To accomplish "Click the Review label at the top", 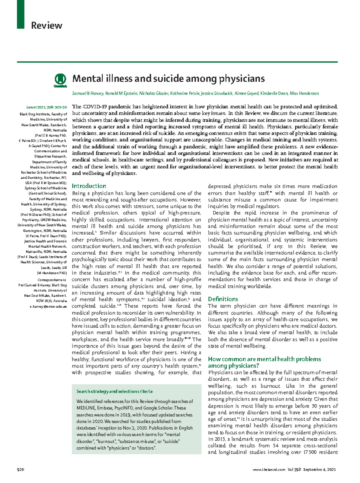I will (x=46, y=25).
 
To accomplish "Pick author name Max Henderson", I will (x=304, y=94).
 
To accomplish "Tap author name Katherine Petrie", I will (x=184, y=94).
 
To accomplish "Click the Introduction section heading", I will (x=89, y=186).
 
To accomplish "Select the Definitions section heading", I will (x=223, y=299).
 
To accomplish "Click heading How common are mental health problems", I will (x=264, y=359).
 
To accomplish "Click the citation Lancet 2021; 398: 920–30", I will (x=46, y=107).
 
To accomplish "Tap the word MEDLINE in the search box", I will (x=86, y=408).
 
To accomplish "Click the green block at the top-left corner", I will (x=20, y=14).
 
